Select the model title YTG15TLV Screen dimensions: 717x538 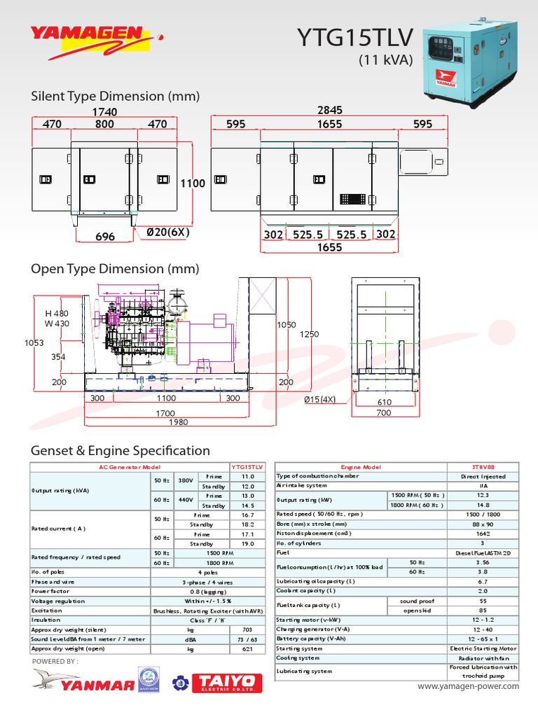[x=355, y=39]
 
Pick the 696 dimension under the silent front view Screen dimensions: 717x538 [x=104, y=237]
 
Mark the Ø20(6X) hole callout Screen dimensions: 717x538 [x=168, y=232]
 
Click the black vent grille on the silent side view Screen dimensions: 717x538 [x=353, y=198]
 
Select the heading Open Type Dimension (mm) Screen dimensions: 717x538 [x=115, y=269]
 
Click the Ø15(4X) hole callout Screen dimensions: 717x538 [x=320, y=400]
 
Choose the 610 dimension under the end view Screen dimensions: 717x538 [x=385, y=402]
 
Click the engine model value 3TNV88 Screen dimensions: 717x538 [x=483, y=466]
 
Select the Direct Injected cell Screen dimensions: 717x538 [x=483, y=476]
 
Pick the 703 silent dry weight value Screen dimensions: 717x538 [x=247, y=629]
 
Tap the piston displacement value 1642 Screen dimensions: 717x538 [x=483, y=534]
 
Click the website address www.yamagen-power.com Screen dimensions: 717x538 [x=469, y=686]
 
